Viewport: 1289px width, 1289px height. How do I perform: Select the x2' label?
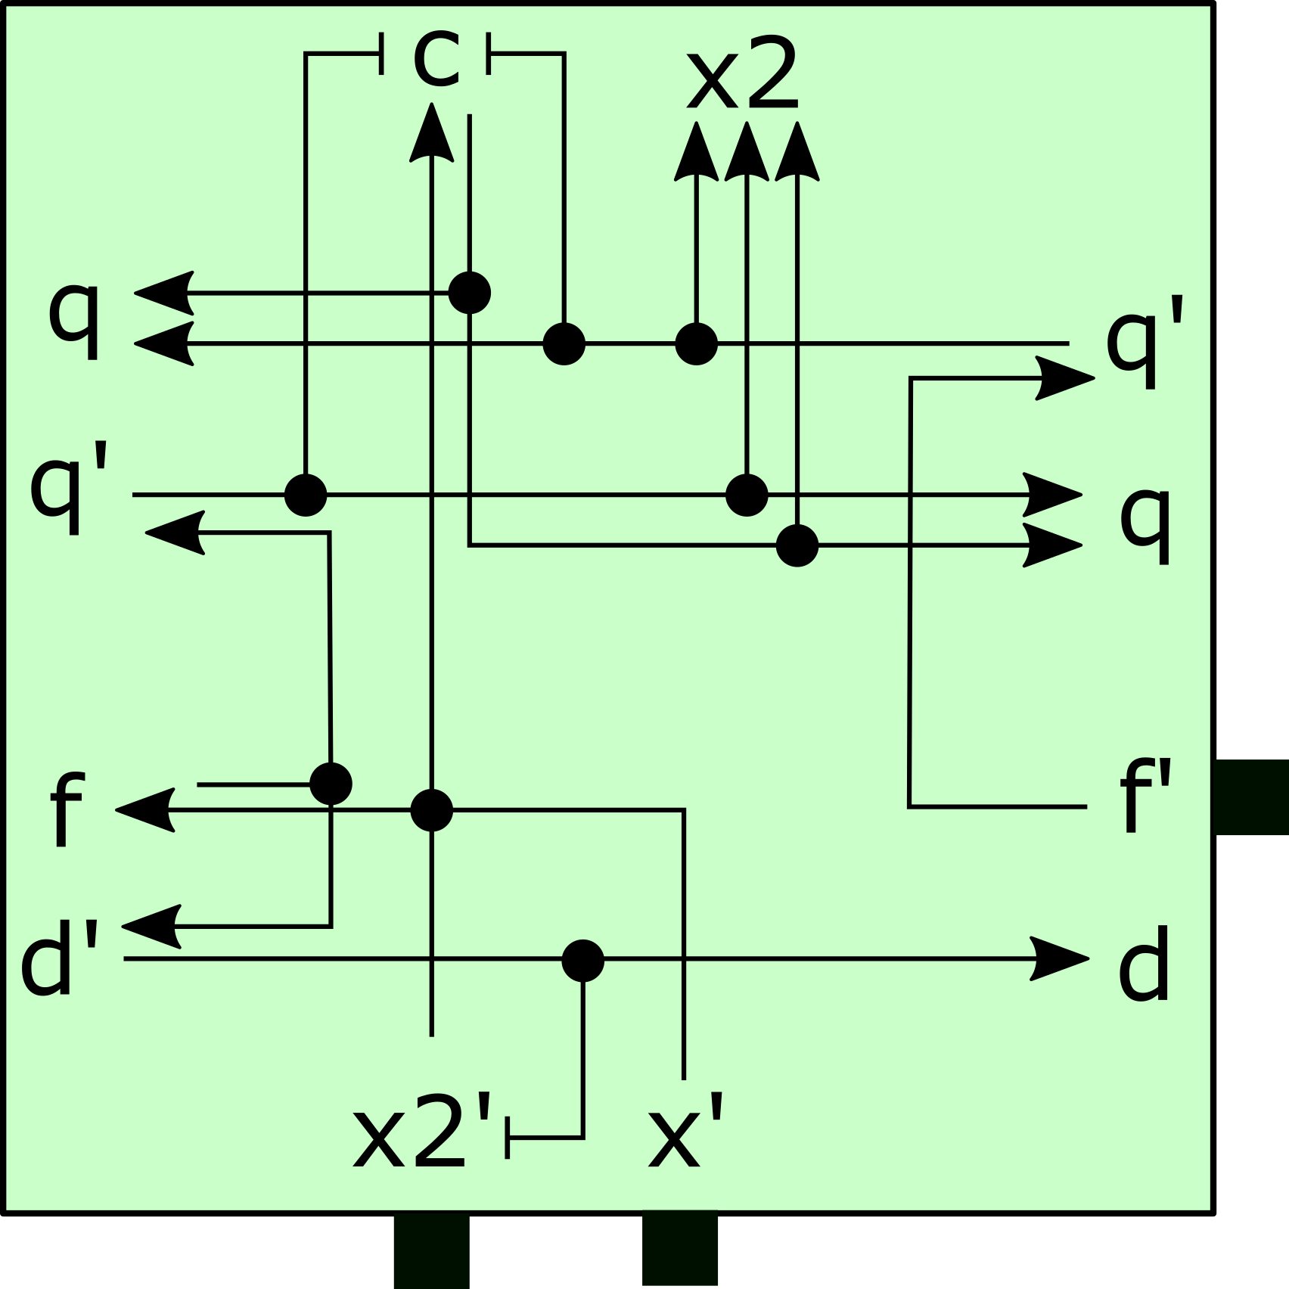tap(422, 1132)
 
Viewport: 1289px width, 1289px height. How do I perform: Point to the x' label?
tap(685, 1132)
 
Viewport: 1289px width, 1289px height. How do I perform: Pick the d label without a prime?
tap(1144, 964)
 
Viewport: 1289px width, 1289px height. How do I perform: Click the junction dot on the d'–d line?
tap(582, 961)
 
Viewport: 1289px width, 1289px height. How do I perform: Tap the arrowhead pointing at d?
tap(1063, 958)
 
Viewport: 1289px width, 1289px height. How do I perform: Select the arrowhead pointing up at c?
tap(432, 136)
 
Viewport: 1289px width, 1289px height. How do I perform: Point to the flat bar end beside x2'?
tap(508, 1137)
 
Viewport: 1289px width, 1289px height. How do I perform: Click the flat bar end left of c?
tap(381, 54)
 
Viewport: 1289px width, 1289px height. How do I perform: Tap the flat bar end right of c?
tap(489, 54)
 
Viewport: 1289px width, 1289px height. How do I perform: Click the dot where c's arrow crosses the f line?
tap(431, 810)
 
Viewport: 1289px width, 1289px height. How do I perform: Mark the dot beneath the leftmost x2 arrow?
tap(696, 344)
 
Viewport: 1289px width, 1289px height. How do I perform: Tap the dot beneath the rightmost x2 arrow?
tap(797, 545)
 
